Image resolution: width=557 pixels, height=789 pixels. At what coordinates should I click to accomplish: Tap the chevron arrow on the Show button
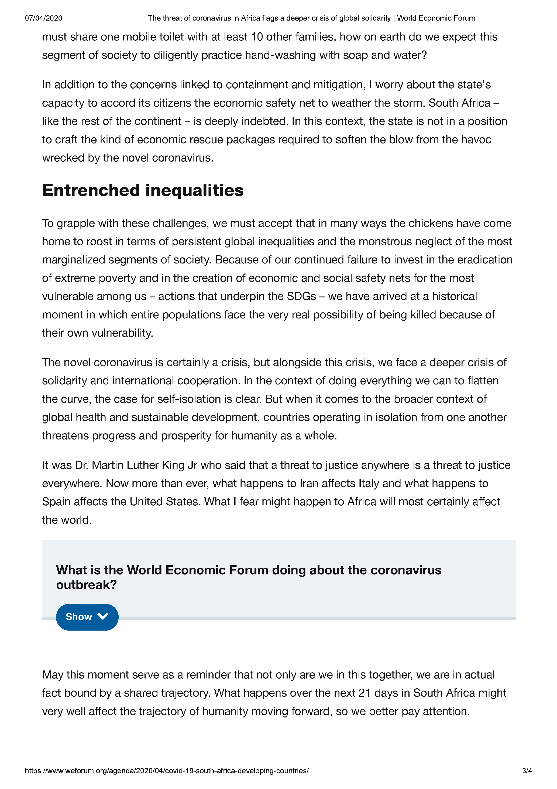tap(103, 617)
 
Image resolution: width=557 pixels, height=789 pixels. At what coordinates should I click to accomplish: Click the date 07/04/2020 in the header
tap(44, 18)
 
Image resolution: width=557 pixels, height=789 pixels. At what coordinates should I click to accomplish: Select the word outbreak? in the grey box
tap(87, 585)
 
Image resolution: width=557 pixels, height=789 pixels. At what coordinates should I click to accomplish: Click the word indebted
tap(264, 121)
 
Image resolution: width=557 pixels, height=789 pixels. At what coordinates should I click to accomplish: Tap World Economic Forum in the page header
tap(436, 18)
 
